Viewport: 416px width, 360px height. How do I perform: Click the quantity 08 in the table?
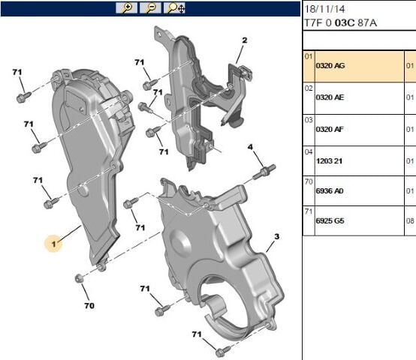click(410, 223)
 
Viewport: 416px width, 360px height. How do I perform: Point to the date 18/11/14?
click(325, 9)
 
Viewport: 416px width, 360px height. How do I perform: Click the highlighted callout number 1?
click(54, 244)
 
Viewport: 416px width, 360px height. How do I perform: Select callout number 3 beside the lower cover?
click(276, 237)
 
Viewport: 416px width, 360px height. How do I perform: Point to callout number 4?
click(250, 146)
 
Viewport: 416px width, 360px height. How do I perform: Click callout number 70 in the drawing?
click(89, 306)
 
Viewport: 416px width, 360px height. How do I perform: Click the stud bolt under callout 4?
click(261, 173)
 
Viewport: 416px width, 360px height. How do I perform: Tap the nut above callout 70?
click(79, 279)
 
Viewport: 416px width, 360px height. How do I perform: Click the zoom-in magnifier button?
click(126, 7)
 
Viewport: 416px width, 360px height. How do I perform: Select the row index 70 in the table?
click(308, 181)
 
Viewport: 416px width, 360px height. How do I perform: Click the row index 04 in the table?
click(308, 151)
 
